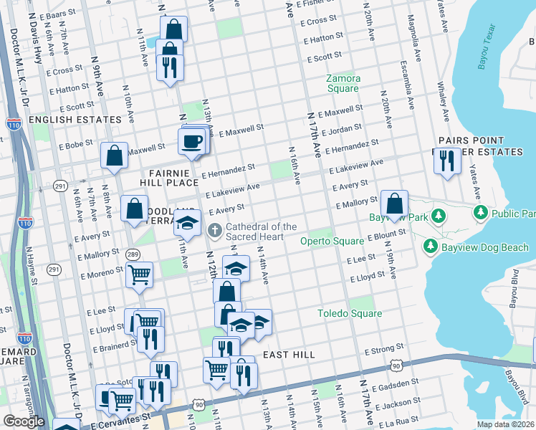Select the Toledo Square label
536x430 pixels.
350,313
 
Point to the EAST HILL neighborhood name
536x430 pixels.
288,355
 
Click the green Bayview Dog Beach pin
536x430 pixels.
431,247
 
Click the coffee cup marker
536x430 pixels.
191,141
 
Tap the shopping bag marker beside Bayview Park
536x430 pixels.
394,204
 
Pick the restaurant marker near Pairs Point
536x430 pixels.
447,161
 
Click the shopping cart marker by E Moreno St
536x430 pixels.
139,274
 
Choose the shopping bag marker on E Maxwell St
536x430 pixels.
115,156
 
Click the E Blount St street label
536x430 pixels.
387,234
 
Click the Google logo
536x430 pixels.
24,421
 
